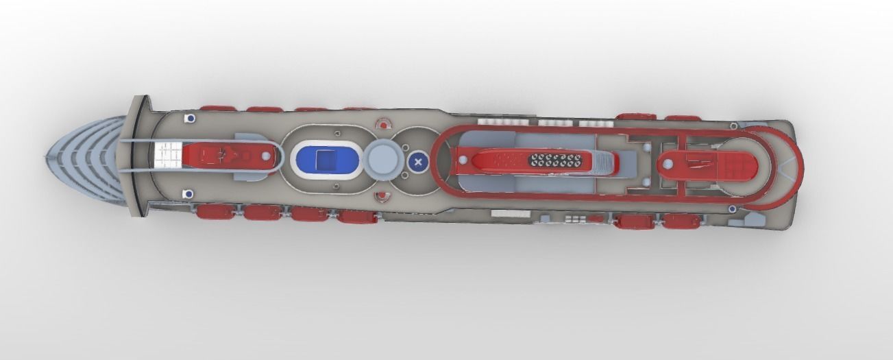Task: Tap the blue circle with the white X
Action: coord(417,162)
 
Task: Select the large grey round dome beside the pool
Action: coord(382,158)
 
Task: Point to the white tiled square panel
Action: coord(168,156)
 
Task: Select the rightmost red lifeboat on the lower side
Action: coord(681,221)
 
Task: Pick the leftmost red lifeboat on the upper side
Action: coord(218,108)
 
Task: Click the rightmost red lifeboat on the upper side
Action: coord(683,118)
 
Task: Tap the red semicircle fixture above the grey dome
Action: coord(383,124)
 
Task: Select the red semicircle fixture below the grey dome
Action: coord(382,197)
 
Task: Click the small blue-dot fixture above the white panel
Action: coord(189,119)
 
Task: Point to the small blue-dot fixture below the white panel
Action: coord(187,195)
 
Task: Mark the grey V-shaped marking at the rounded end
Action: coord(705,164)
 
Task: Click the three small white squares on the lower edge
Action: coord(573,219)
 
